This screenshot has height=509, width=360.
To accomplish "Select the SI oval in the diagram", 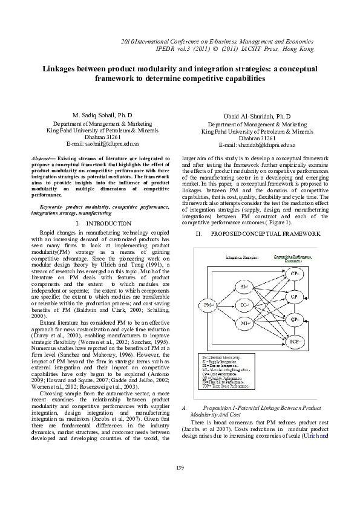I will point(246,286).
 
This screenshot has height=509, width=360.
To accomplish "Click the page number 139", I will point(180,468).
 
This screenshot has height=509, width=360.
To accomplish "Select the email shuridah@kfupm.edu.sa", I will point(257,145).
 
